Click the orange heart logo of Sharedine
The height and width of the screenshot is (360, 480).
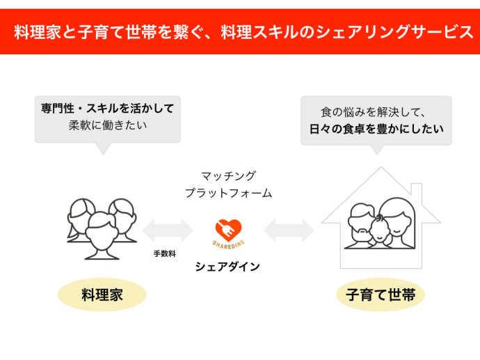pos(227,229)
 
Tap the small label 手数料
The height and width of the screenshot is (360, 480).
pos(165,254)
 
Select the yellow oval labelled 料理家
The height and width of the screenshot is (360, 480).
pos(102,295)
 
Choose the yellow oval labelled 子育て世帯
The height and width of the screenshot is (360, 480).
pos(381,295)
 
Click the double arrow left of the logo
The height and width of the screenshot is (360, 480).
pos(167,230)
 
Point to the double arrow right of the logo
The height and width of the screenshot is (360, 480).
pos(288,230)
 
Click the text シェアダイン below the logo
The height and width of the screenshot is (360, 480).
pos(227,267)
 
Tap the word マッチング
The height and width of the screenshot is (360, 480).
pos(228,175)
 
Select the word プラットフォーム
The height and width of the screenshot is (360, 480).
pos(228,193)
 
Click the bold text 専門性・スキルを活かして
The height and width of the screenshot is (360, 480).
pos(107,109)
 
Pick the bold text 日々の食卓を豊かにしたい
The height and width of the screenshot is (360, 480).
pos(376,129)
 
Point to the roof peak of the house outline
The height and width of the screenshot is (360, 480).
pos(381,169)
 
